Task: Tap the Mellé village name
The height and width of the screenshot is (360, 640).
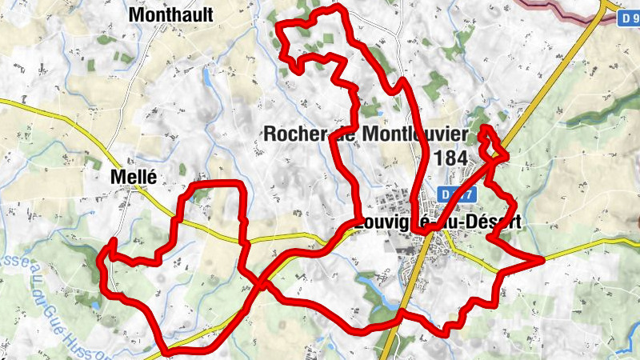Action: [x=134, y=177]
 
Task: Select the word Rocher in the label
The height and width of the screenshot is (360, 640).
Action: [x=295, y=134]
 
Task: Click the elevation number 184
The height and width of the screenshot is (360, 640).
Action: [x=453, y=158]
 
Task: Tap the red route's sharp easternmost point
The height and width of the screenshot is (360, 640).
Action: [x=542, y=259]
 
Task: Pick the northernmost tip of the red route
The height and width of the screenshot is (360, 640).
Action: [x=340, y=7]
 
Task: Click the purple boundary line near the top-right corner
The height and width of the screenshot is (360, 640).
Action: [x=560, y=8]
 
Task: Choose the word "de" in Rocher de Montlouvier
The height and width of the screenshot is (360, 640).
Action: [x=345, y=134]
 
